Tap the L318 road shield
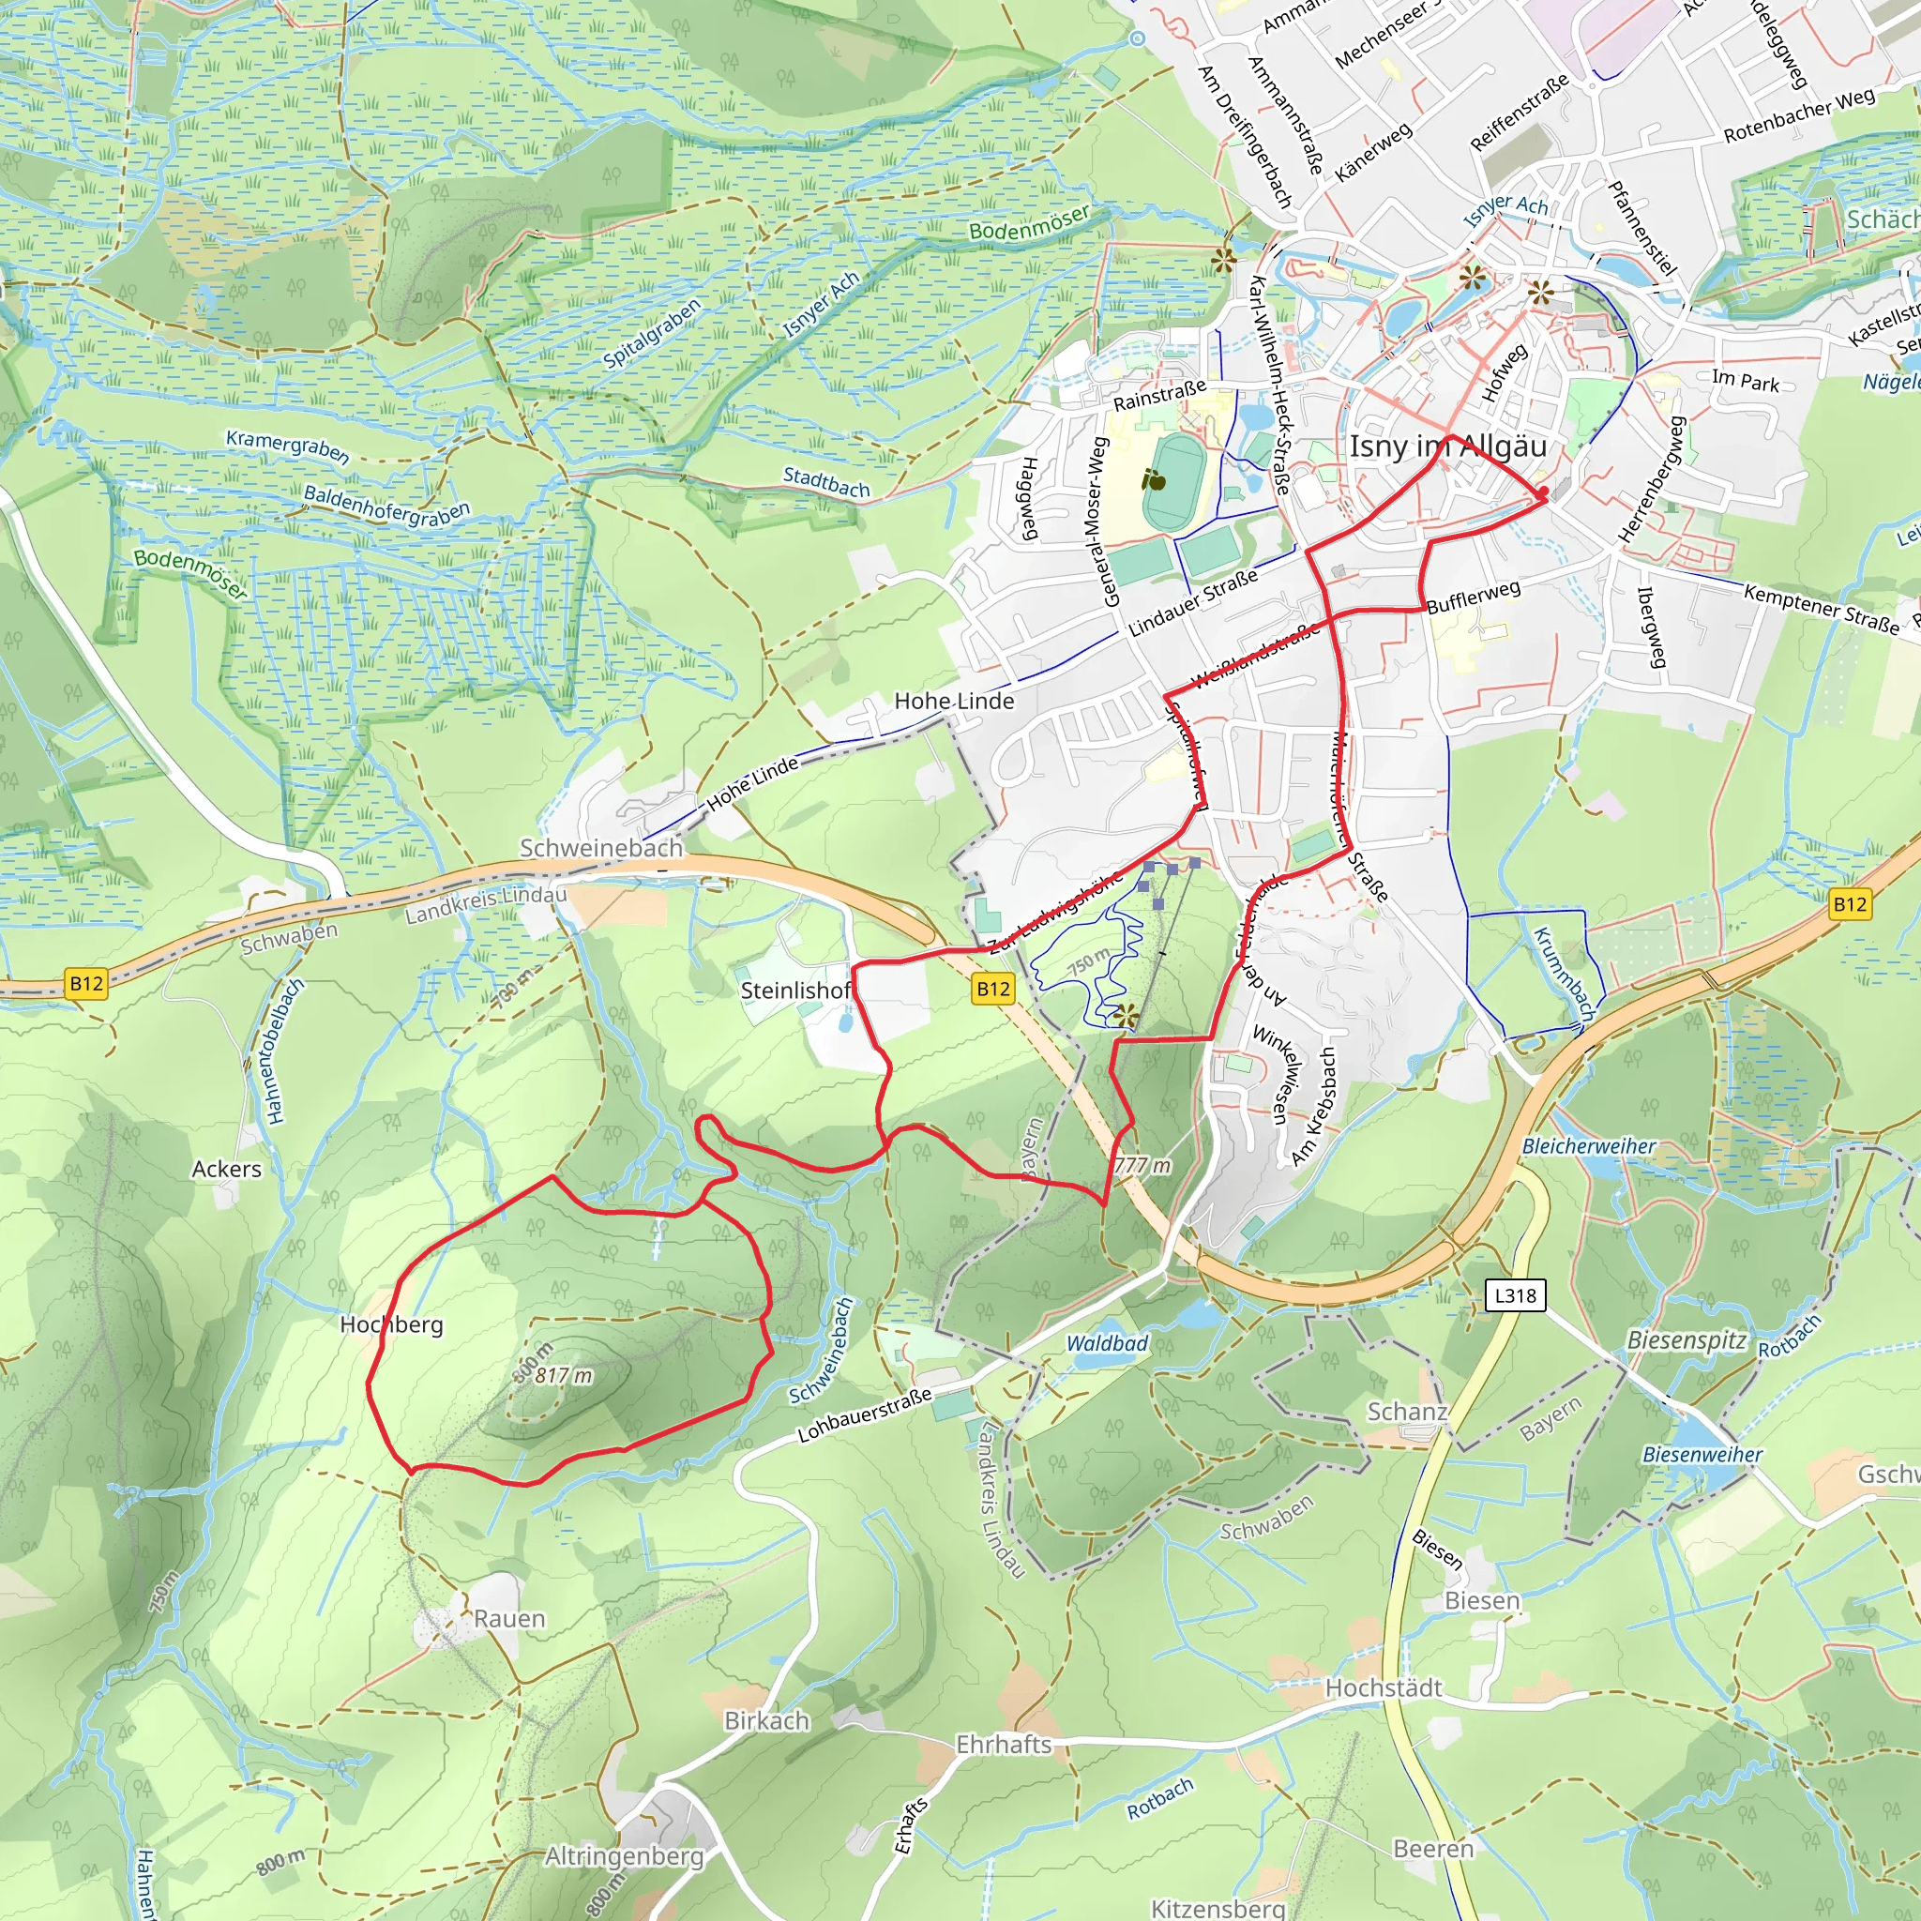click(1516, 1295)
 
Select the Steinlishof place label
click(795, 991)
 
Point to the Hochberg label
click(392, 1324)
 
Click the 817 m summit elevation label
click(564, 1376)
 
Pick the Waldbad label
click(1108, 1343)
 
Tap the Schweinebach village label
click(601, 848)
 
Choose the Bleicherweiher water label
click(1589, 1146)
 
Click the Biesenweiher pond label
click(1702, 1455)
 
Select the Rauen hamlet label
click(509, 1619)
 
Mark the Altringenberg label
click(625, 1855)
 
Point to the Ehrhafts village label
click(1005, 1744)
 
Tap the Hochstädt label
click(1384, 1687)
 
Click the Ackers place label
click(227, 1170)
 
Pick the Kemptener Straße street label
click(1822, 608)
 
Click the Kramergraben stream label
click(287, 446)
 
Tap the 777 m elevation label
click(1142, 1165)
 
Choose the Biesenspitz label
click(1687, 1340)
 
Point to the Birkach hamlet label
click(766, 1720)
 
